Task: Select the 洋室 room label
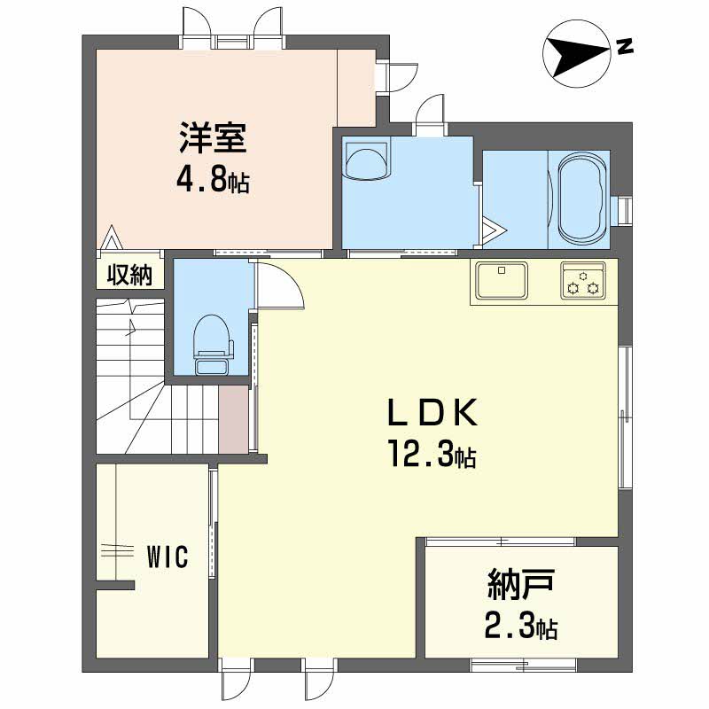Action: pos(213,137)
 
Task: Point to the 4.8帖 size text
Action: pos(212,181)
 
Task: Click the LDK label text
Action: pos(432,412)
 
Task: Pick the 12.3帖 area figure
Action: pos(431,455)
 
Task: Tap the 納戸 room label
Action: pos(521,586)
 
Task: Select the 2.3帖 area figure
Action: pos(521,627)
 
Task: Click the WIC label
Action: pos(167,557)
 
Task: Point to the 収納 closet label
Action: pos(129,275)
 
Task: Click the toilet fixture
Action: pos(214,345)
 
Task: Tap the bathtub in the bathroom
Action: pos(582,198)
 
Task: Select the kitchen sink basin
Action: pos(502,280)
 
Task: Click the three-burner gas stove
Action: pos(583,280)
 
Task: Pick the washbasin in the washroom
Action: pos(366,161)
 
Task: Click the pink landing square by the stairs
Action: pos(233,418)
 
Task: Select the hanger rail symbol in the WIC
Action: pos(117,550)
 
